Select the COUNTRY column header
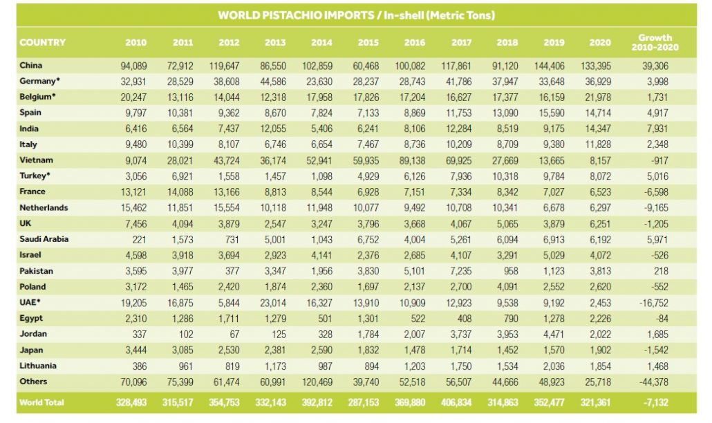point(43,42)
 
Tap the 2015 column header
point(368,43)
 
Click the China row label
point(32,66)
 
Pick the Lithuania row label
point(39,366)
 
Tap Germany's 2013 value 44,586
point(276,82)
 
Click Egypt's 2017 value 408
point(464,319)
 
